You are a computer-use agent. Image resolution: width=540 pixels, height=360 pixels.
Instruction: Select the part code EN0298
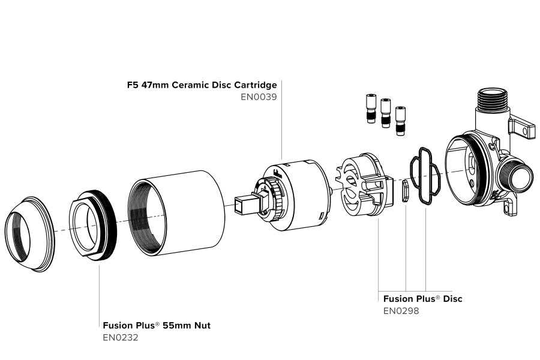401,311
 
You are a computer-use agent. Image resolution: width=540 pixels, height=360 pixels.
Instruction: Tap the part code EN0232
121,338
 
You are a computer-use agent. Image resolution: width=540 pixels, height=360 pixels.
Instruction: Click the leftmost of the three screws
370,109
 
